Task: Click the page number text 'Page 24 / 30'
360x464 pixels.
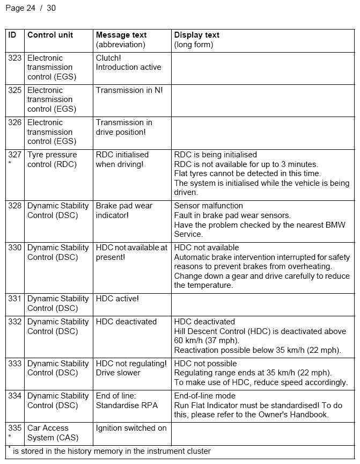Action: coord(30,8)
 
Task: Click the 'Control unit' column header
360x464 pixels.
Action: coord(50,35)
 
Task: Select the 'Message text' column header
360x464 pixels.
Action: coord(121,35)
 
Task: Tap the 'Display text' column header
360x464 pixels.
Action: coord(196,35)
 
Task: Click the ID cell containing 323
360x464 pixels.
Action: coord(15,58)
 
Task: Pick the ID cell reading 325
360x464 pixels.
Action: coord(15,90)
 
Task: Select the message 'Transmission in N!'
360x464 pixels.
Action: coord(129,90)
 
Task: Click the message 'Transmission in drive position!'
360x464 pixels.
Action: coord(124,127)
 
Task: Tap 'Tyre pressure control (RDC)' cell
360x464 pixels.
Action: coord(52,160)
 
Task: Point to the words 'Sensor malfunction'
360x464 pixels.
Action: coord(208,206)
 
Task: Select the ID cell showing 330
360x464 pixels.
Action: coord(15,248)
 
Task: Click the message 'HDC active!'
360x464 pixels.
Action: coord(117,299)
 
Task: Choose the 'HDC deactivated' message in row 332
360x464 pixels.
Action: coord(126,322)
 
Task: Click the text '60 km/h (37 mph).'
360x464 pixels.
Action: coord(207,340)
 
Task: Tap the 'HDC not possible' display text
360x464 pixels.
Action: coord(205,364)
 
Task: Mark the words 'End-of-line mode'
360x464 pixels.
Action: coord(205,396)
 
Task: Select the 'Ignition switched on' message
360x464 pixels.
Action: coord(131,428)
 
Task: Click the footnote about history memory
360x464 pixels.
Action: coord(111,451)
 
